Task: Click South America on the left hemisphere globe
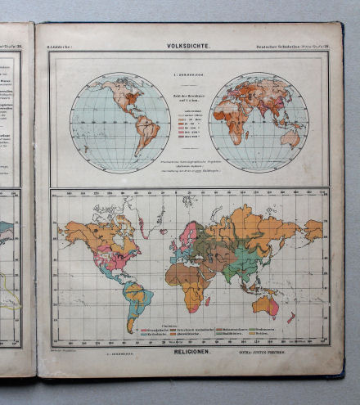[146, 135]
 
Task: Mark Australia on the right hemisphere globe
[290, 138]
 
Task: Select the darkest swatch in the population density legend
[179, 138]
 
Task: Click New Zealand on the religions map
[291, 317]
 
